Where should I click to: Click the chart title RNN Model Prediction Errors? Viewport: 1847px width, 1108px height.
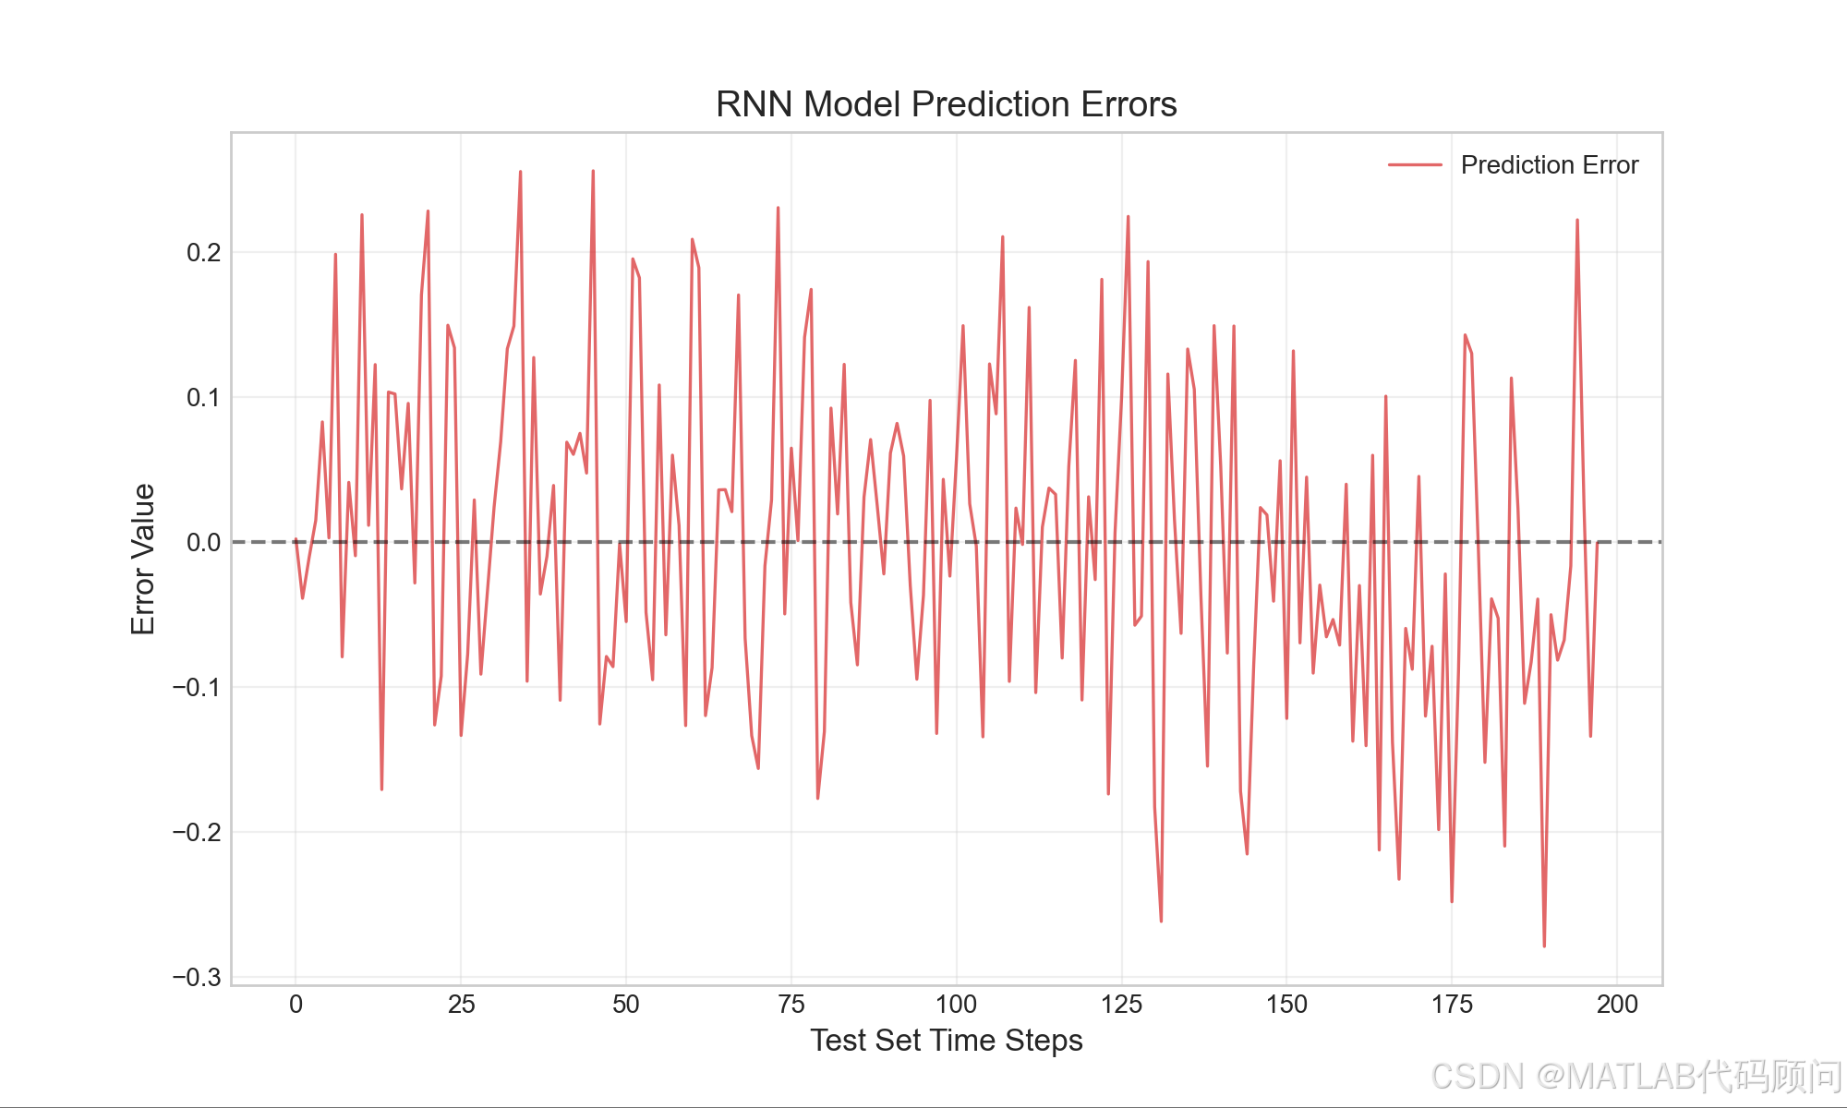tap(946, 104)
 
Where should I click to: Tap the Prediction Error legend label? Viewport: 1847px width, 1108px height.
tap(1549, 165)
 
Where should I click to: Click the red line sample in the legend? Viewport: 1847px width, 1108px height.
tap(1415, 165)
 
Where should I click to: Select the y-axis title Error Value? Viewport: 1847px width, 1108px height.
tap(143, 559)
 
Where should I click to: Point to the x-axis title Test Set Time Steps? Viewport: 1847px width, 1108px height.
tap(946, 1041)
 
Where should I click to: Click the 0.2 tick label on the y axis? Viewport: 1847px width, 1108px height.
tap(203, 253)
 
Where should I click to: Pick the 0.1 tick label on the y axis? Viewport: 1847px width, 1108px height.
tap(203, 398)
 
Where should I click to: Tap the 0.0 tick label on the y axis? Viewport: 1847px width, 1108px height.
tap(203, 543)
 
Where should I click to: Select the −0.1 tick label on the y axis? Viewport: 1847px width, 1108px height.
tap(197, 688)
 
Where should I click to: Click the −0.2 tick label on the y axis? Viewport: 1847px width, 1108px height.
tap(197, 833)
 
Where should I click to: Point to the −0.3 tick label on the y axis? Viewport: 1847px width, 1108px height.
tap(197, 978)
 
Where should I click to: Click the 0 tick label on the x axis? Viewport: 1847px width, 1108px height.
tap(296, 1005)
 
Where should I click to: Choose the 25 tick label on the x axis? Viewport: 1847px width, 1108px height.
tap(461, 1005)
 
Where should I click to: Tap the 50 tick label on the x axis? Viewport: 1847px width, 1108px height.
tap(626, 1005)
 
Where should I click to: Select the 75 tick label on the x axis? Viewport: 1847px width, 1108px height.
tap(791, 1005)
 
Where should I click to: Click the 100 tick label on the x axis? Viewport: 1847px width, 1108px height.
tap(956, 1005)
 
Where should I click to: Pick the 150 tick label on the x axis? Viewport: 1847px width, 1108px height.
tap(1286, 1005)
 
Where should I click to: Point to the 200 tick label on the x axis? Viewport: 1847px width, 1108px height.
tap(1617, 1005)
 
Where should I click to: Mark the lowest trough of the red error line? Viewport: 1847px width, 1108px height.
tap(1544, 945)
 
